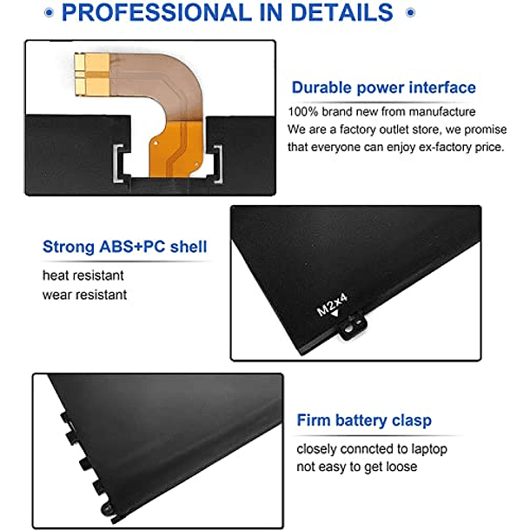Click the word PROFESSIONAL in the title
click(x=156, y=12)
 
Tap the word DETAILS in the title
click(x=341, y=12)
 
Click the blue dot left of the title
click(x=49, y=13)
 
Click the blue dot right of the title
click(x=410, y=13)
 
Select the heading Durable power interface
click(x=384, y=88)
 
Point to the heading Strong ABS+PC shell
click(x=125, y=247)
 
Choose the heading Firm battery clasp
click(x=364, y=421)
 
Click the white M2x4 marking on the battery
click(x=332, y=305)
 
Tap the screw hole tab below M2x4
click(x=352, y=328)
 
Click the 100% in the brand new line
click(x=303, y=111)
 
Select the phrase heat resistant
click(x=83, y=275)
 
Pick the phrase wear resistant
click(x=84, y=295)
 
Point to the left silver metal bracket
click(x=118, y=163)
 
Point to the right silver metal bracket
click(x=218, y=164)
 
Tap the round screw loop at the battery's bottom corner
click(x=108, y=507)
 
